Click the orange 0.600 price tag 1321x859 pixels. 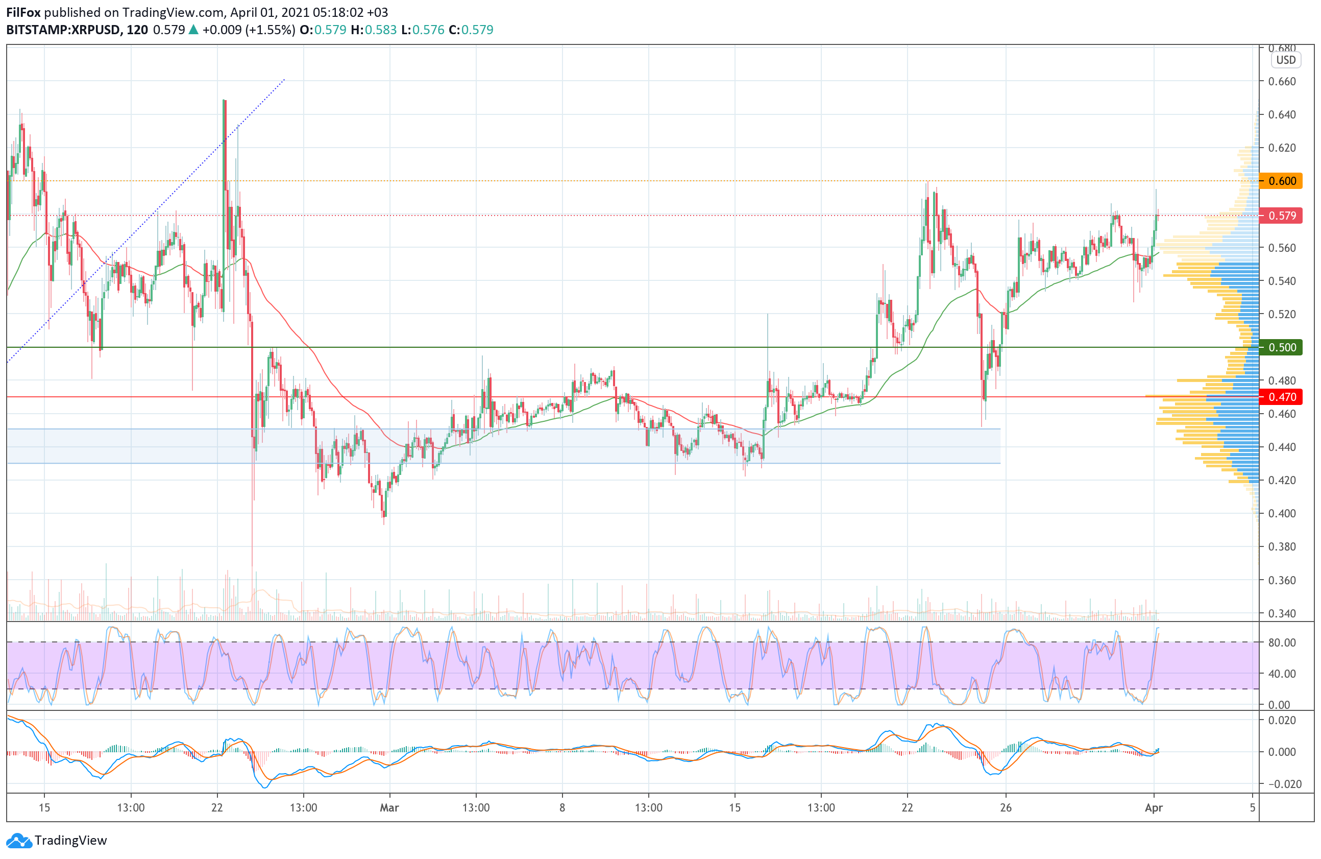coord(1281,181)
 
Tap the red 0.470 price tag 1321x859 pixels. coord(1281,397)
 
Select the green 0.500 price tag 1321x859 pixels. coord(1281,348)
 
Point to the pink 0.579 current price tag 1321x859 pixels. coord(1281,216)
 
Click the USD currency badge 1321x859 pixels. coord(1285,60)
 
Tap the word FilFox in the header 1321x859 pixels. coord(23,12)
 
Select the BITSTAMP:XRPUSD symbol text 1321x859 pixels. coord(63,30)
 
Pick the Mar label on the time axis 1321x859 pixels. coord(389,807)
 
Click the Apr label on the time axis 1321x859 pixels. coord(1154,807)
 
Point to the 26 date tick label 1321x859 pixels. coord(1006,807)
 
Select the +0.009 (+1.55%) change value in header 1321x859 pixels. coord(249,30)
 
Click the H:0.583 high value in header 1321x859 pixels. coord(373,30)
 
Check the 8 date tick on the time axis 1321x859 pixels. coord(562,807)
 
